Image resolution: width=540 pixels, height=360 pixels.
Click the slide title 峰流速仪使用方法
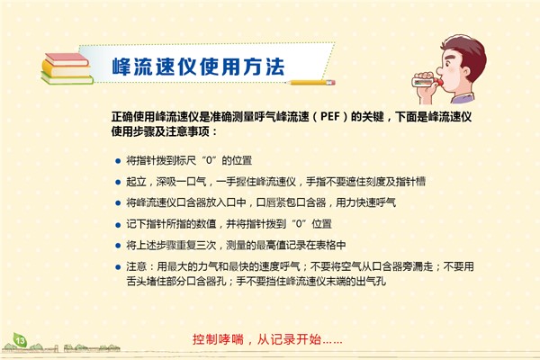pyautogui.click(x=198, y=67)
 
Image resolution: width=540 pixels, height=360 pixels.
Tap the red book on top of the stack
pyautogui.click(x=67, y=59)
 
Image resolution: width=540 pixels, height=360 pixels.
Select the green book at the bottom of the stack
pyautogui.click(x=67, y=79)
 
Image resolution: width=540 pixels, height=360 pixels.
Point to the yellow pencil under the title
pyautogui.click(x=311, y=83)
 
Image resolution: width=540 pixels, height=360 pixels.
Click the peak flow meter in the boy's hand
pyautogui.click(x=426, y=82)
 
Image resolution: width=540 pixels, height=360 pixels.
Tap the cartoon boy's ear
pyautogui.click(x=465, y=72)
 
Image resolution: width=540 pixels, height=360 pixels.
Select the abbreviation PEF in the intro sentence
pyautogui.click(x=330, y=116)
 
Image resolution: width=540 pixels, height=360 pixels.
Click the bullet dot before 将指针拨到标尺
pyautogui.click(x=118, y=161)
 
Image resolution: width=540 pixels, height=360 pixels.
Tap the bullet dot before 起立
pyautogui.click(x=118, y=182)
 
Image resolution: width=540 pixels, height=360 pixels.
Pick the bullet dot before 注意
pyautogui.click(x=118, y=267)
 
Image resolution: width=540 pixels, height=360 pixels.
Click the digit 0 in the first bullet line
pyautogui.click(x=209, y=160)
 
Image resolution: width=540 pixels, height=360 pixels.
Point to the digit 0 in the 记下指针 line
pyautogui.click(x=299, y=224)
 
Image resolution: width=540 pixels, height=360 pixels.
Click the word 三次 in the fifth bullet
pyautogui.click(x=206, y=246)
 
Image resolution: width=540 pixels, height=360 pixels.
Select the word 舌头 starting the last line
pyautogui.click(x=137, y=281)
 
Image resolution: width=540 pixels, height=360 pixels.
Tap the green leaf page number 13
pyautogui.click(x=20, y=340)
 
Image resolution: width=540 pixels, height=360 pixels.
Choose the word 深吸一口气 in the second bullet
pyautogui.click(x=181, y=182)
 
